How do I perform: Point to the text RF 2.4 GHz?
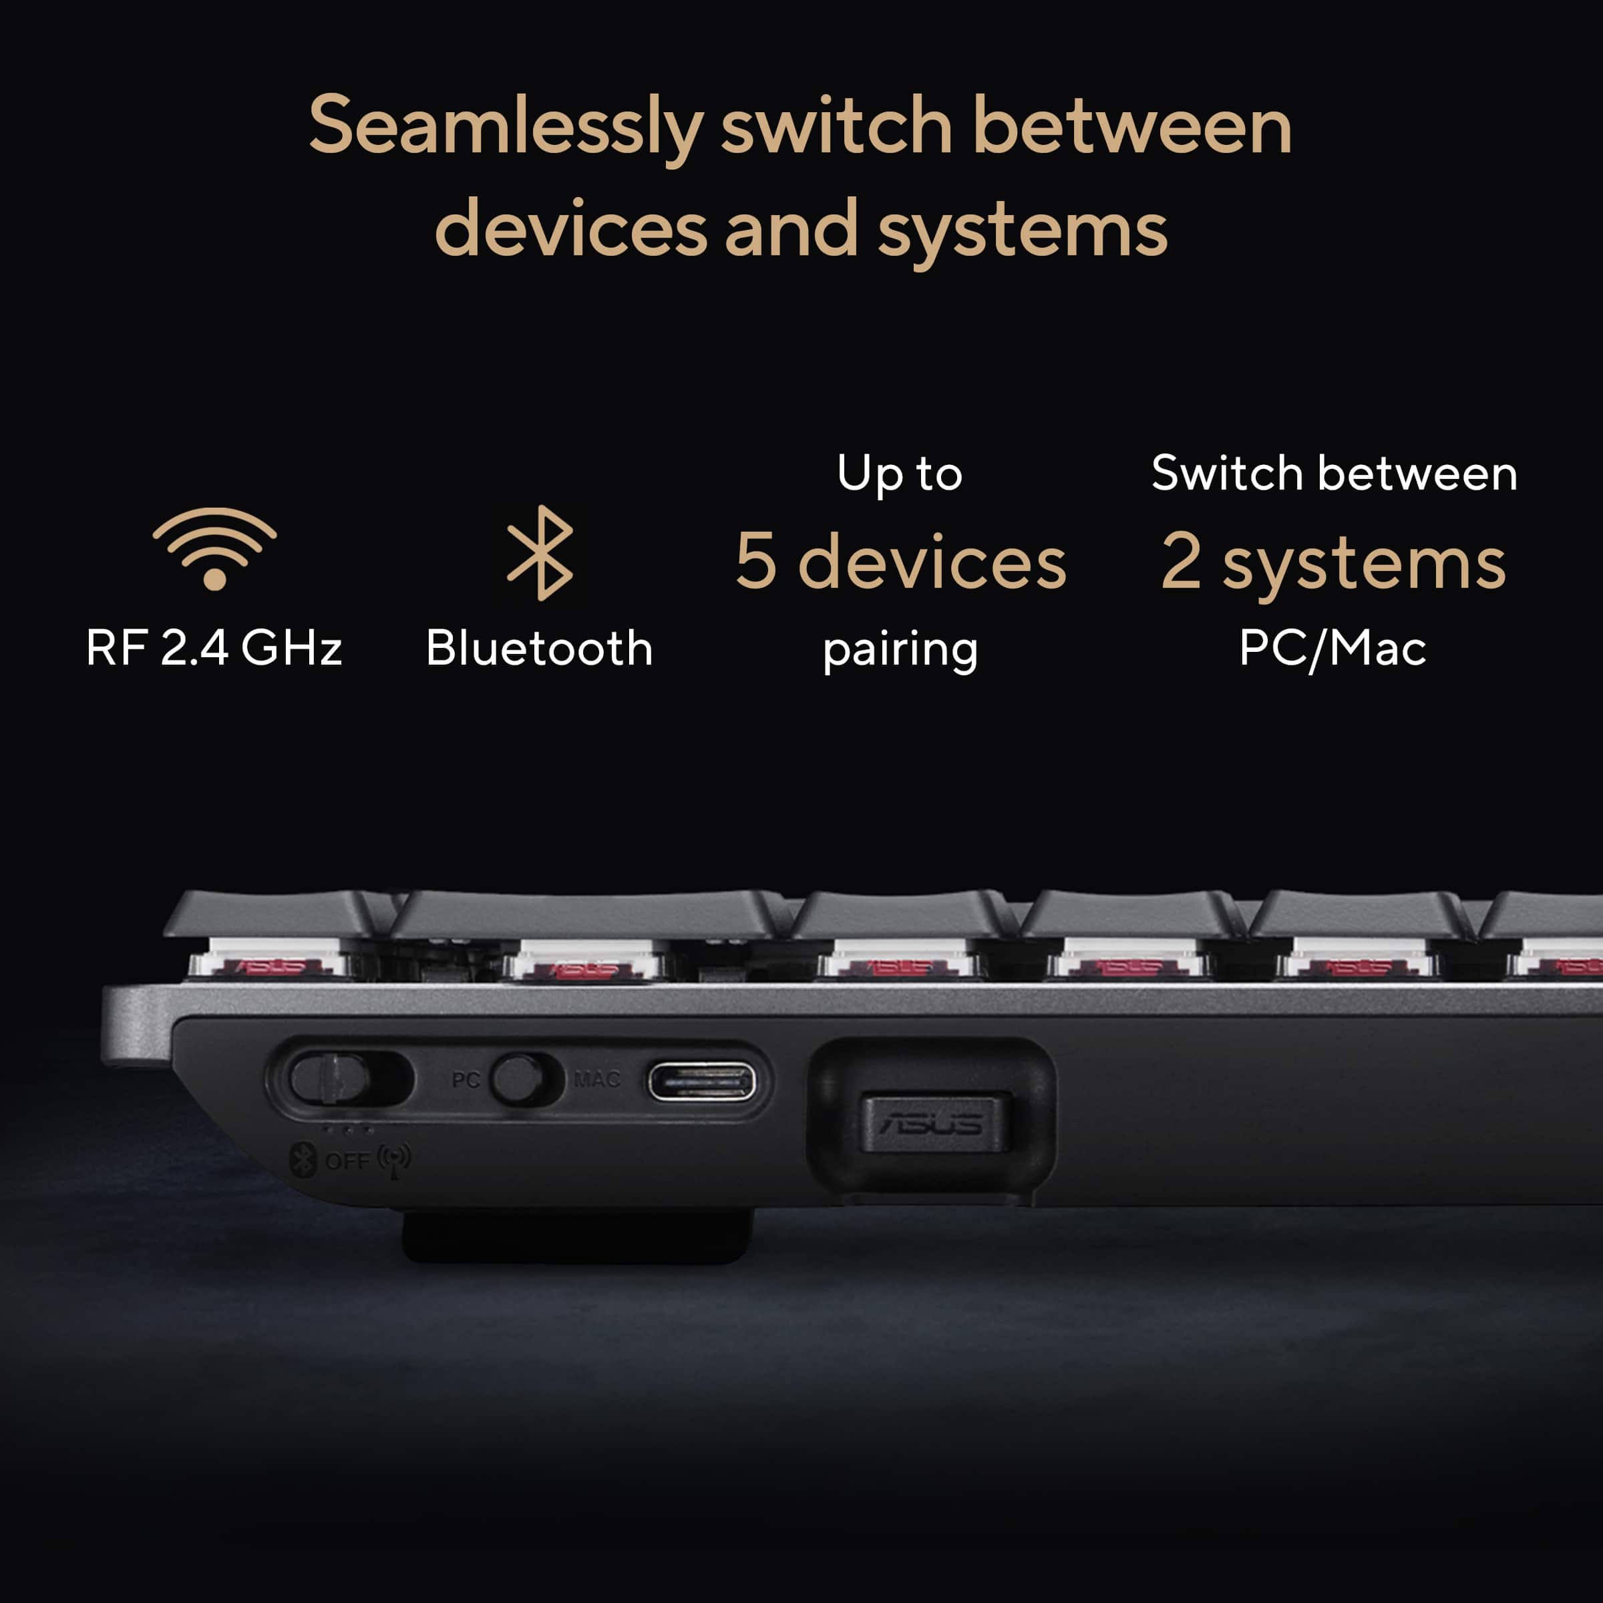tap(214, 648)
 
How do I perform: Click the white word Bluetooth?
tap(539, 647)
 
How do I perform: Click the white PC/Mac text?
tap(1332, 648)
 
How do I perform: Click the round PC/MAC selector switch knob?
tap(518, 1079)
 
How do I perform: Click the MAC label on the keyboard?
tap(597, 1079)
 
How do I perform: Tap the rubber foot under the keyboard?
tap(578, 1236)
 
